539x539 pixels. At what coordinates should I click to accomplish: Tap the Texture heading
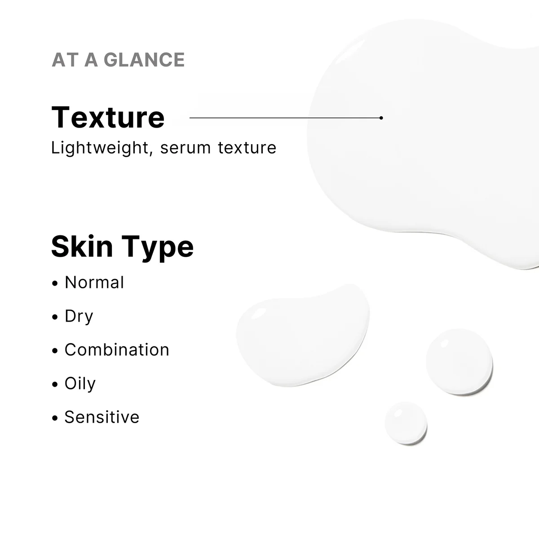point(108,117)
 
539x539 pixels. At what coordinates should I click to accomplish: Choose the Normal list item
point(94,283)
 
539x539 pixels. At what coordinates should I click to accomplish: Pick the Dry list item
point(79,316)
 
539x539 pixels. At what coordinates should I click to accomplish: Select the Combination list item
point(117,350)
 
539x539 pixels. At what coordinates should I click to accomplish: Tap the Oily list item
point(80,384)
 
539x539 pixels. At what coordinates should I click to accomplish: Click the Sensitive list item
point(102,417)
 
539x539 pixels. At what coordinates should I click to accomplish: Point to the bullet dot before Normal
point(55,284)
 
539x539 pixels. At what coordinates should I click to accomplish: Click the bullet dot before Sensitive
point(55,419)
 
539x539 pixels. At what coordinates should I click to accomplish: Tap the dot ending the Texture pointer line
point(381,118)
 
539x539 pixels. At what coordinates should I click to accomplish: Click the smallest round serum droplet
point(406,423)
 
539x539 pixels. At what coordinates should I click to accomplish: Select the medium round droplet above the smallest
point(459,361)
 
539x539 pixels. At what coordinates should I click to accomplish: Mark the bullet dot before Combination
point(55,351)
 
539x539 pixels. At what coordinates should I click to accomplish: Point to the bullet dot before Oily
point(55,385)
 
